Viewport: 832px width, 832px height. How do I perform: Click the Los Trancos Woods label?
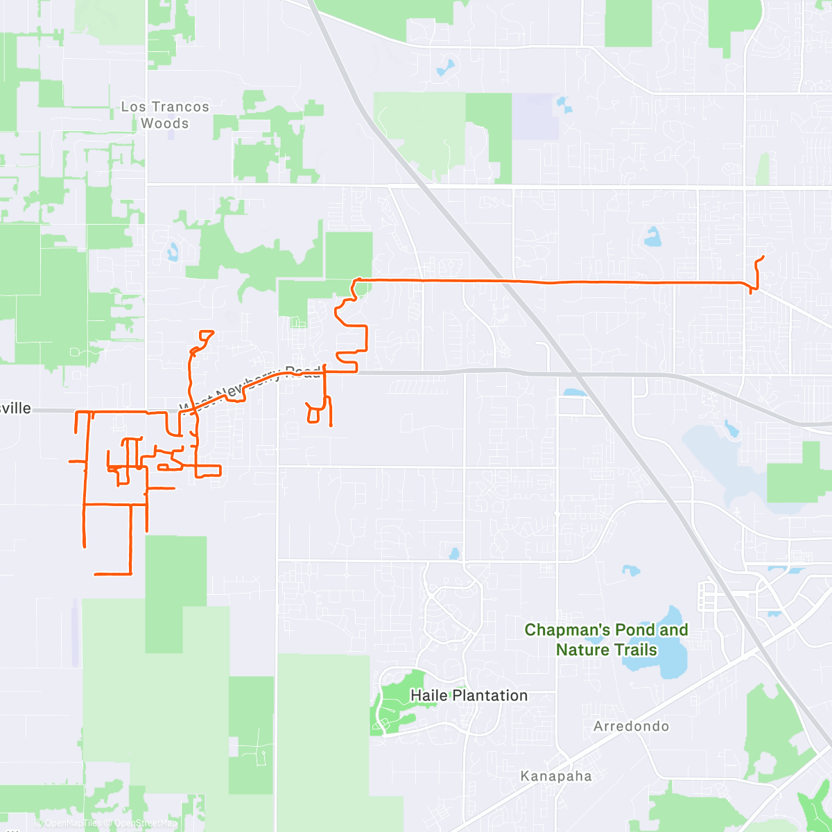pyautogui.click(x=164, y=115)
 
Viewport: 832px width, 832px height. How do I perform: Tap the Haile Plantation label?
pyautogui.click(x=469, y=695)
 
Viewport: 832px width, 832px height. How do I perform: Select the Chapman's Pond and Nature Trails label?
pyautogui.click(x=606, y=639)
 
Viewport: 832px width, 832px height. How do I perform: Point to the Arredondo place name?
pyautogui.click(x=631, y=726)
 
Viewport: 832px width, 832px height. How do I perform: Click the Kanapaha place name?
pyautogui.click(x=556, y=776)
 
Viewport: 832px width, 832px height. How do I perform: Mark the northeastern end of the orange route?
pyautogui.click(x=763, y=257)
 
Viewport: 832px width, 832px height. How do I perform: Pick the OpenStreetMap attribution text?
pyautogui.click(x=145, y=823)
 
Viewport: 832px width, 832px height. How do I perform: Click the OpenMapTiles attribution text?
pyautogui.click(x=73, y=823)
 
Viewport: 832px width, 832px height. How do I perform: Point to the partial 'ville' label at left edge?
pyautogui.click(x=15, y=408)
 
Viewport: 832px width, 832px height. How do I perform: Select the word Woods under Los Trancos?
pyautogui.click(x=164, y=123)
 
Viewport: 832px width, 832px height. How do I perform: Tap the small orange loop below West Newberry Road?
pyautogui.click(x=313, y=415)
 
